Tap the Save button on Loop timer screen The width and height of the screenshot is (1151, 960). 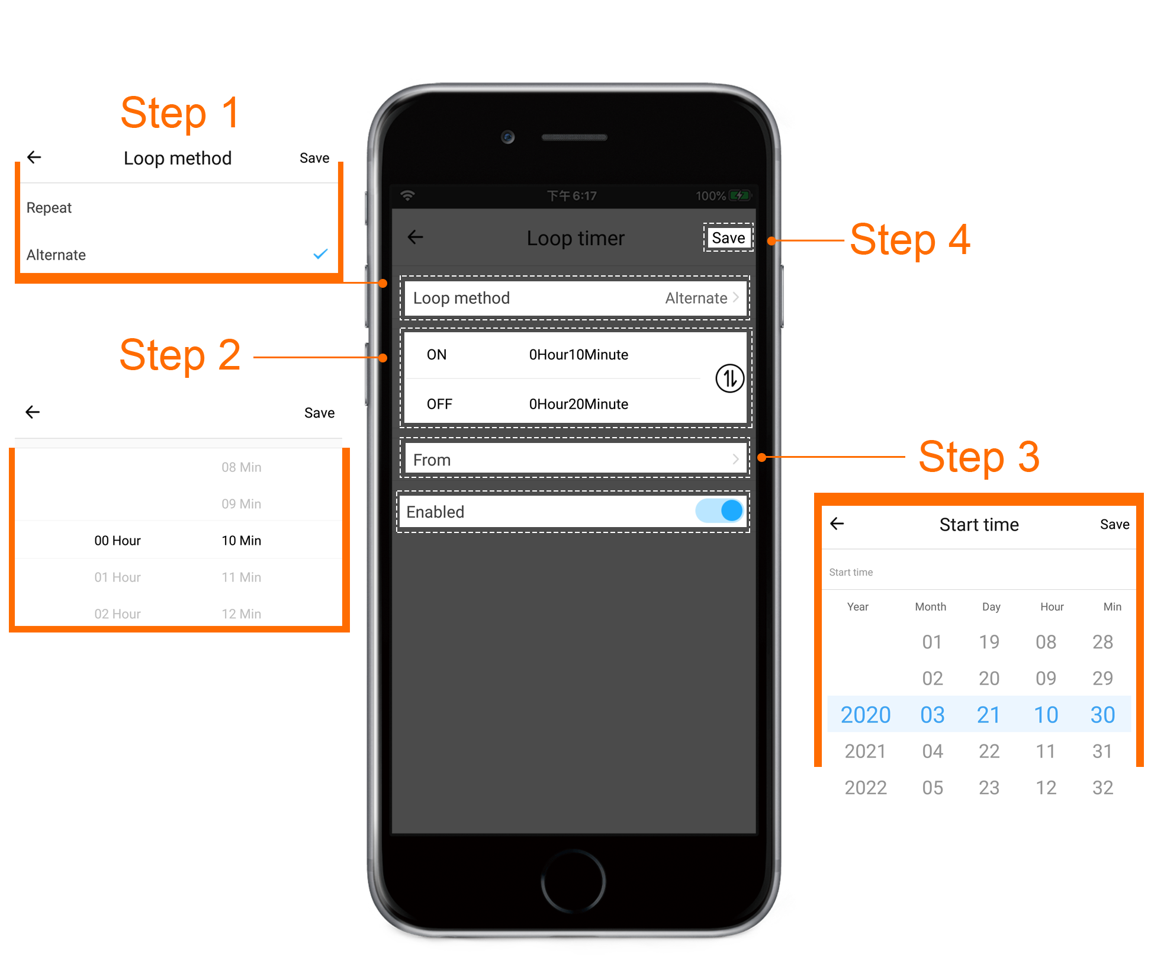728,237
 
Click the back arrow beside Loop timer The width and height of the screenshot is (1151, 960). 416,237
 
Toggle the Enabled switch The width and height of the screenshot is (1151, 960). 720,510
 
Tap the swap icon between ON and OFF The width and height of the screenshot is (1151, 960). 729,378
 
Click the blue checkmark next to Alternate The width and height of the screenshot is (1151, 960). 320,254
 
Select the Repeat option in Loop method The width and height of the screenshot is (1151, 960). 49,208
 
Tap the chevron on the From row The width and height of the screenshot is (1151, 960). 735,459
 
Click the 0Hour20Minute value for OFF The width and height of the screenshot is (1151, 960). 578,404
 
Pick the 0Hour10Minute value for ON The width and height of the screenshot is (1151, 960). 578,355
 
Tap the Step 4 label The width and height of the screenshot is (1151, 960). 910,240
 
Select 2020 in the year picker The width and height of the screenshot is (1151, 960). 866,715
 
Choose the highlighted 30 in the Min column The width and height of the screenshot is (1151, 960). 1103,715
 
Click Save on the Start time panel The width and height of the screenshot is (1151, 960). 1114,524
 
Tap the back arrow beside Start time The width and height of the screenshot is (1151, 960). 837,524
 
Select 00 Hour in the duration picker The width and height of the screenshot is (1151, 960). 117,541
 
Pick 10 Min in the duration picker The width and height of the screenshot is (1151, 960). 242,541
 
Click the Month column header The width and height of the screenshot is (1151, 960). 931,606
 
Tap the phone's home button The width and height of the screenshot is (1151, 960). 573,881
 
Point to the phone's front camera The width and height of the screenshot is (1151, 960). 507,137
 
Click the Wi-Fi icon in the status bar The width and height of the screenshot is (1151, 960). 407,195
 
